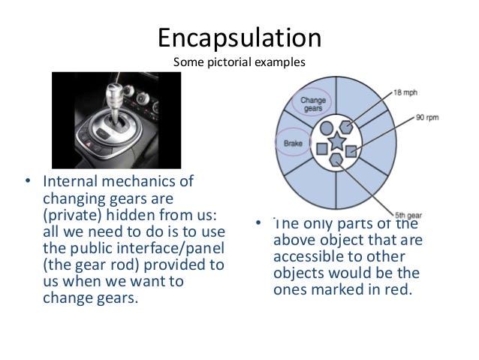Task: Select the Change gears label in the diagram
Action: click(x=312, y=104)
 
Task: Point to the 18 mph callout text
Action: click(x=406, y=92)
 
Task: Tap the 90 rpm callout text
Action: click(x=429, y=118)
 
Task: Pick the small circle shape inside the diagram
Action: click(x=326, y=129)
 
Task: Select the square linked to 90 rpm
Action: click(x=351, y=151)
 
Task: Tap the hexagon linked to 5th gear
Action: click(x=336, y=159)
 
